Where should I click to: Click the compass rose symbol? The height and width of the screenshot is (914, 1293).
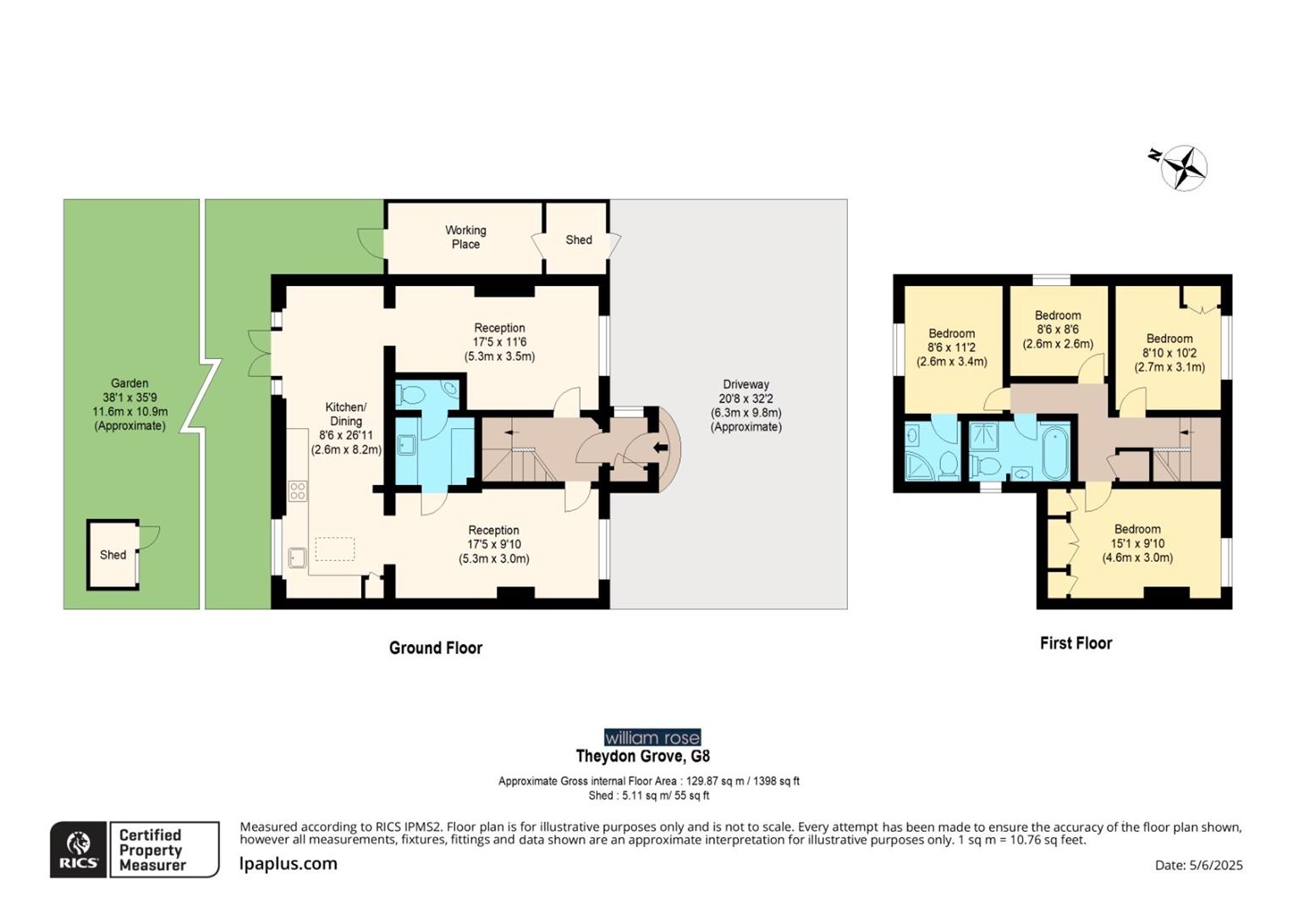[1183, 167]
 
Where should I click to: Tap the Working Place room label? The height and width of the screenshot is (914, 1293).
[465, 237]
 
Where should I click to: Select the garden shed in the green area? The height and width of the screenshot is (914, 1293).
[113, 555]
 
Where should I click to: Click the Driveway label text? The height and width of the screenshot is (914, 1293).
[746, 405]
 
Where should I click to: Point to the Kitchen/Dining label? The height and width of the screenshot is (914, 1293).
[346, 427]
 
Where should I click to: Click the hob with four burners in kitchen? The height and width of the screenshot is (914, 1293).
[297, 491]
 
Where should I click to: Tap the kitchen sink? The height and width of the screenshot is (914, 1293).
[297, 558]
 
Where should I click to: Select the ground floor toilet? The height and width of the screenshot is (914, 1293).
[412, 394]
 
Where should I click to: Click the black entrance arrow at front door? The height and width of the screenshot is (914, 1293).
[661, 448]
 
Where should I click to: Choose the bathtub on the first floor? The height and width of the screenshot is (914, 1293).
[1055, 452]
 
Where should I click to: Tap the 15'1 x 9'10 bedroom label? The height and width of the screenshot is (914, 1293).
[1136, 543]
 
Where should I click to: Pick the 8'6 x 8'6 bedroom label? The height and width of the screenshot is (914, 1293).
[1058, 329]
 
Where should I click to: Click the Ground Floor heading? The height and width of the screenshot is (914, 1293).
[435, 648]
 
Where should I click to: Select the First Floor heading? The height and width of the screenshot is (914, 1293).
[1076, 643]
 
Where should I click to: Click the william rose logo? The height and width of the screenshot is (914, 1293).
[652, 738]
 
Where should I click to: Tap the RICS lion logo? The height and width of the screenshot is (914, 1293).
[78, 849]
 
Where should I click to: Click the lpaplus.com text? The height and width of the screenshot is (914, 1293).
[289, 864]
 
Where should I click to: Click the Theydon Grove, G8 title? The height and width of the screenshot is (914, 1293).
[642, 757]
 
